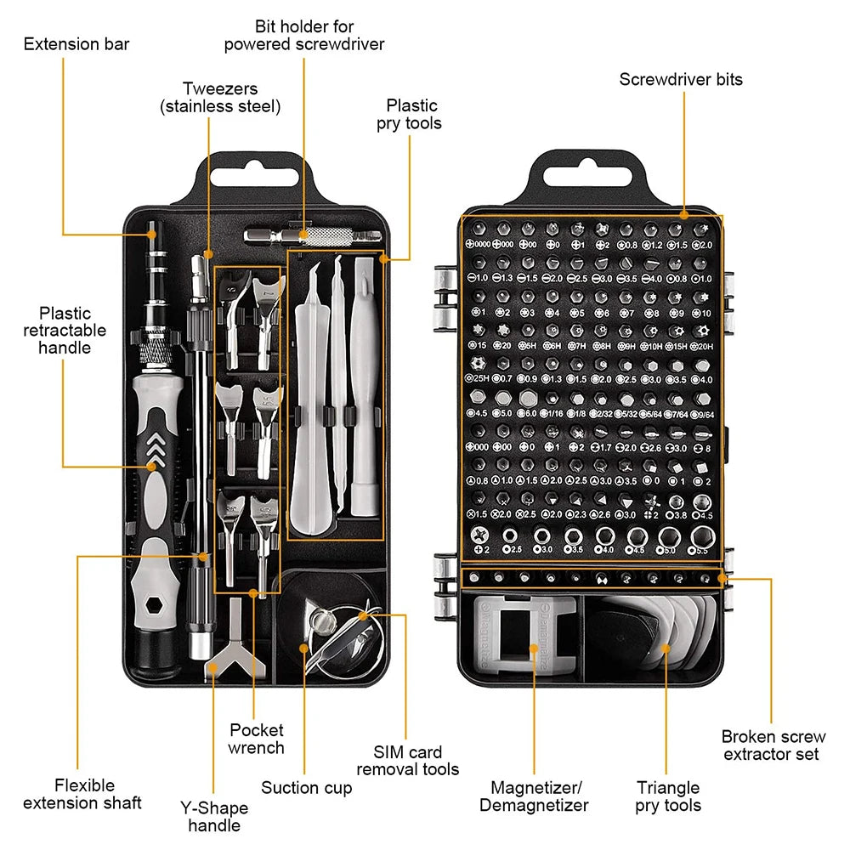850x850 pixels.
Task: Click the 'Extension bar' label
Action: [76, 43]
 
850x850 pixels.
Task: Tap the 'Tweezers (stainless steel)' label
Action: [220, 97]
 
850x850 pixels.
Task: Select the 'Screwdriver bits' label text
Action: [680, 79]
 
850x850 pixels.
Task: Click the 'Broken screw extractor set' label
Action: [773, 745]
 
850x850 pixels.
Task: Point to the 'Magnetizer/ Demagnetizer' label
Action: [533, 796]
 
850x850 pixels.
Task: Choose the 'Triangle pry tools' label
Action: [668, 796]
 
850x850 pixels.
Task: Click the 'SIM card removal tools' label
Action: [407, 761]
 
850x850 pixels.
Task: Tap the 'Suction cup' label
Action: [306, 787]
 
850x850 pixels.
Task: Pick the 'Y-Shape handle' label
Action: [214, 816]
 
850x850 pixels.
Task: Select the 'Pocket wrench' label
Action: [256, 739]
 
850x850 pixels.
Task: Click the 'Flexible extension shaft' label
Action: [82, 794]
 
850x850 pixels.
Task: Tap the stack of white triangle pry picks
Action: [680, 633]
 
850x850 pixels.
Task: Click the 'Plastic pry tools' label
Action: [410, 114]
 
